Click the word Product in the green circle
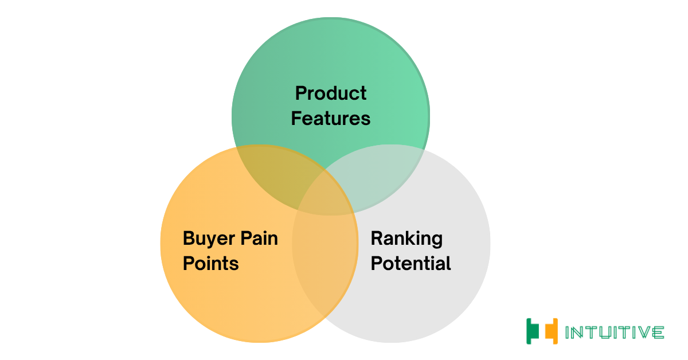331,93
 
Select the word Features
331,119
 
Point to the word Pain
259,238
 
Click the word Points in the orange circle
211,264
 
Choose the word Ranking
406,239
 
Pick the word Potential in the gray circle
411,263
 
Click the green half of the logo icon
533,331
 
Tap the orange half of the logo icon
552,331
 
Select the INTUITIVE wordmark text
615,332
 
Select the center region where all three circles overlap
326,194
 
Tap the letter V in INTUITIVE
643,332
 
